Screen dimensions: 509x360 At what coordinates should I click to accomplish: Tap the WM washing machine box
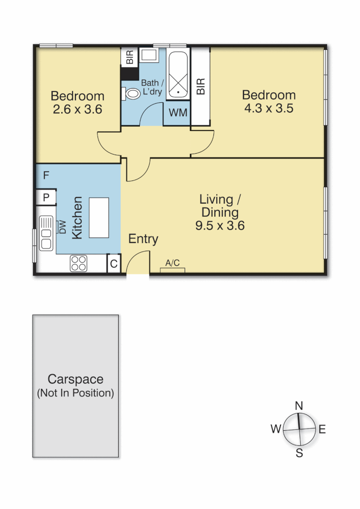point(178,113)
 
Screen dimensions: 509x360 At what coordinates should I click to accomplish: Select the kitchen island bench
point(99,218)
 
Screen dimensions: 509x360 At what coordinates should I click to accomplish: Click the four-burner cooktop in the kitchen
point(79,263)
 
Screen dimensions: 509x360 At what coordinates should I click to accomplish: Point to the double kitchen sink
point(47,233)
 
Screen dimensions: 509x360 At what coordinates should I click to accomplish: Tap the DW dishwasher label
point(62,227)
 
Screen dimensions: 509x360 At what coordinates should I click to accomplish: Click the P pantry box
point(46,197)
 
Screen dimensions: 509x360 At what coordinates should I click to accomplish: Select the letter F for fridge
point(46,176)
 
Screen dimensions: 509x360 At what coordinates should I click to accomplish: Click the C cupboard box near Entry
point(114,264)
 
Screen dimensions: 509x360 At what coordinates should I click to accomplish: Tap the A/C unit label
point(172,263)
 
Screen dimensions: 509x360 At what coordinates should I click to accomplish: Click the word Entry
point(143,239)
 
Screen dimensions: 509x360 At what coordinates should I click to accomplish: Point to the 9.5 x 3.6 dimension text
point(220,226)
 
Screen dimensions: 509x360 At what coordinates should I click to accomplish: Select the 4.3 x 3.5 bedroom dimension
point(269,108)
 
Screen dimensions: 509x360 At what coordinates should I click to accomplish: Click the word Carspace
point(75,379)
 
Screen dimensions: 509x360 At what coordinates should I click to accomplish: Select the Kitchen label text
point(77,218)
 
